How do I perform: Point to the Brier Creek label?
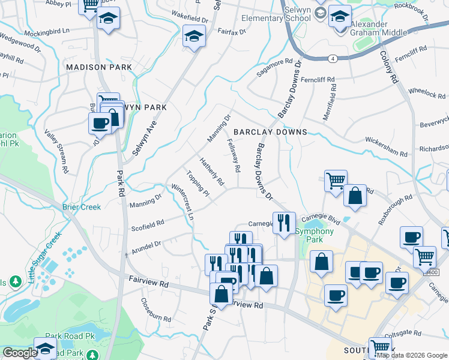pyautogui.click(x=82, y=208)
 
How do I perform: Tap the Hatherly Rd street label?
pyautogui.click(x=212, y=172)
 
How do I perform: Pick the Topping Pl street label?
pyautogui.click(x=197, y=185)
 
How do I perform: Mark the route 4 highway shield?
pyautogui.click(x=331, y=58)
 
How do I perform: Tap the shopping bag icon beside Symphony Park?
pyautogui.click(x=322, y=261)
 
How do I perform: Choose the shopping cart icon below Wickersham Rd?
pyautogui.click(x=335, y=180)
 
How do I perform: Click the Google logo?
pyautogui.click(x=19, y=353)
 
